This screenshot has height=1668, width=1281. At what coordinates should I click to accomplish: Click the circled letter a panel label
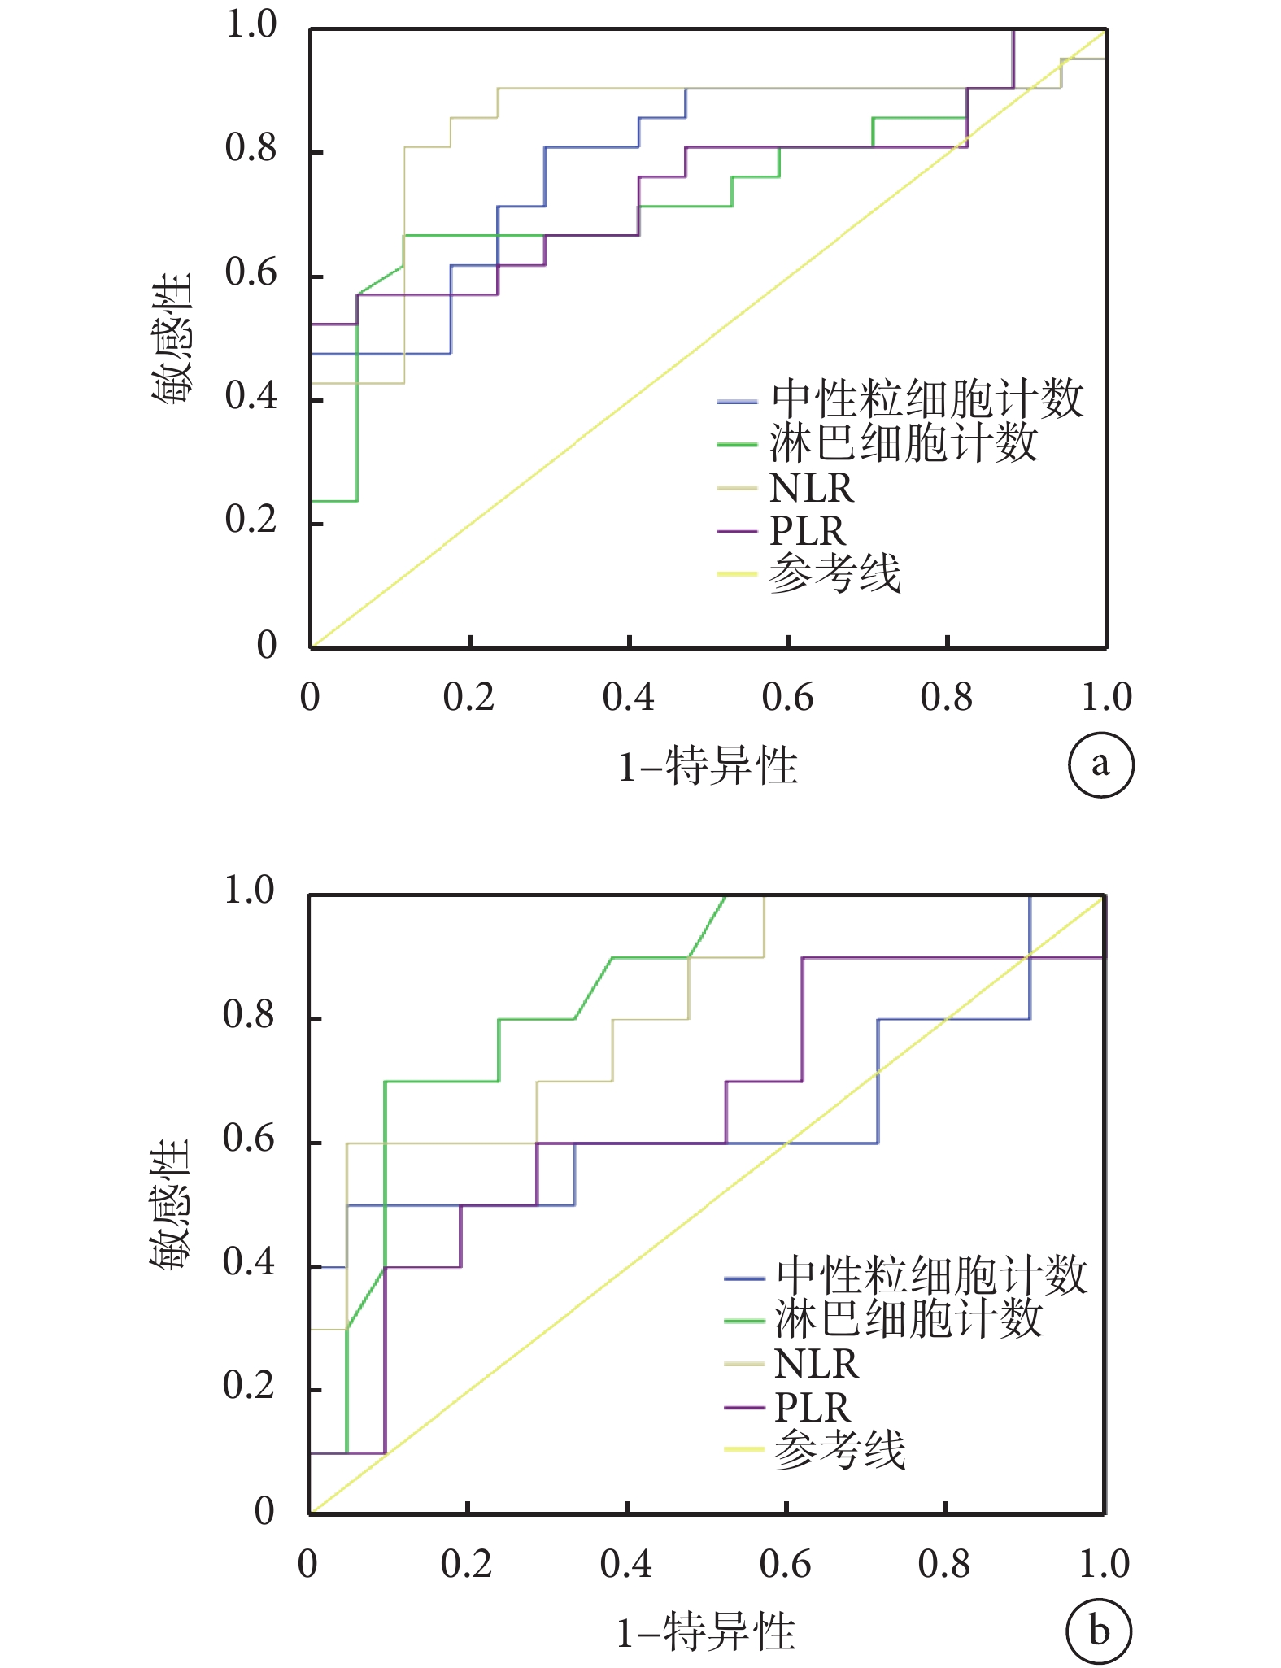click(1100, 764)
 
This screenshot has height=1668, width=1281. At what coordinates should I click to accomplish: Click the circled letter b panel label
click(1099, 1631)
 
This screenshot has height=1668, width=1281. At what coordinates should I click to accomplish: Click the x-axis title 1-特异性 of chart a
click(708, 766)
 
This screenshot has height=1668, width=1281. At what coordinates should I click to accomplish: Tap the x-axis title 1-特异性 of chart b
click(705, 1631)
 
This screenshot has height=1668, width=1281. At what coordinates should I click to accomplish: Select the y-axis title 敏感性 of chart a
click(171, 338)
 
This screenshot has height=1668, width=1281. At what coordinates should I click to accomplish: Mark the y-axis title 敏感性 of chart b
click(169, 1204)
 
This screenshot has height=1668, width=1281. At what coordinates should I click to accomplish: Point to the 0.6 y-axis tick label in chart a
click(251, 273)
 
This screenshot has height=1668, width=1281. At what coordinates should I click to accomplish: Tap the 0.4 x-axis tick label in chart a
click(628, 697)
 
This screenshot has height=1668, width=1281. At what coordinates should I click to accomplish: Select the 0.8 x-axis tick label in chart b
click(943, 1563)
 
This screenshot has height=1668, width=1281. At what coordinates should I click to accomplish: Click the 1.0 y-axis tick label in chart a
click(251, 25)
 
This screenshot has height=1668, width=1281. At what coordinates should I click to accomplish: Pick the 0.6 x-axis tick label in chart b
click(785, 1563)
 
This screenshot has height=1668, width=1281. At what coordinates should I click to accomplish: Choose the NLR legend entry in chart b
click(816, 1363)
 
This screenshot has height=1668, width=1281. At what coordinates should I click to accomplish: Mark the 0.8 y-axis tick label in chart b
click(249, 1014)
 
